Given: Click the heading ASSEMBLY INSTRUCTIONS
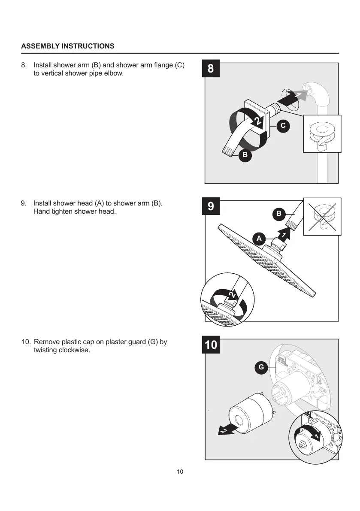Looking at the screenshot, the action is click(68, 46).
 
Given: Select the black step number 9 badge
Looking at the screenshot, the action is click(211, 206).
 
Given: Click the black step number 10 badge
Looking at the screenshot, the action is click(211, 345).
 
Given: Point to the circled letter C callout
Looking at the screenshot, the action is click(282, 126).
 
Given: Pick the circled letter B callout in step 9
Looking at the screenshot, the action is click(278, 213).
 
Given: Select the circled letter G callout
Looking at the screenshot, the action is click(260, 367).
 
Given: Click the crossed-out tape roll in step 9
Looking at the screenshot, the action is click(322, 217).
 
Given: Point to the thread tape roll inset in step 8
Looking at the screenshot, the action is click(322, 134).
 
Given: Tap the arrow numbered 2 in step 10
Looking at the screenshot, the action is click(225, 429).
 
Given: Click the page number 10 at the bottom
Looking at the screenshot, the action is click(180, 472).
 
